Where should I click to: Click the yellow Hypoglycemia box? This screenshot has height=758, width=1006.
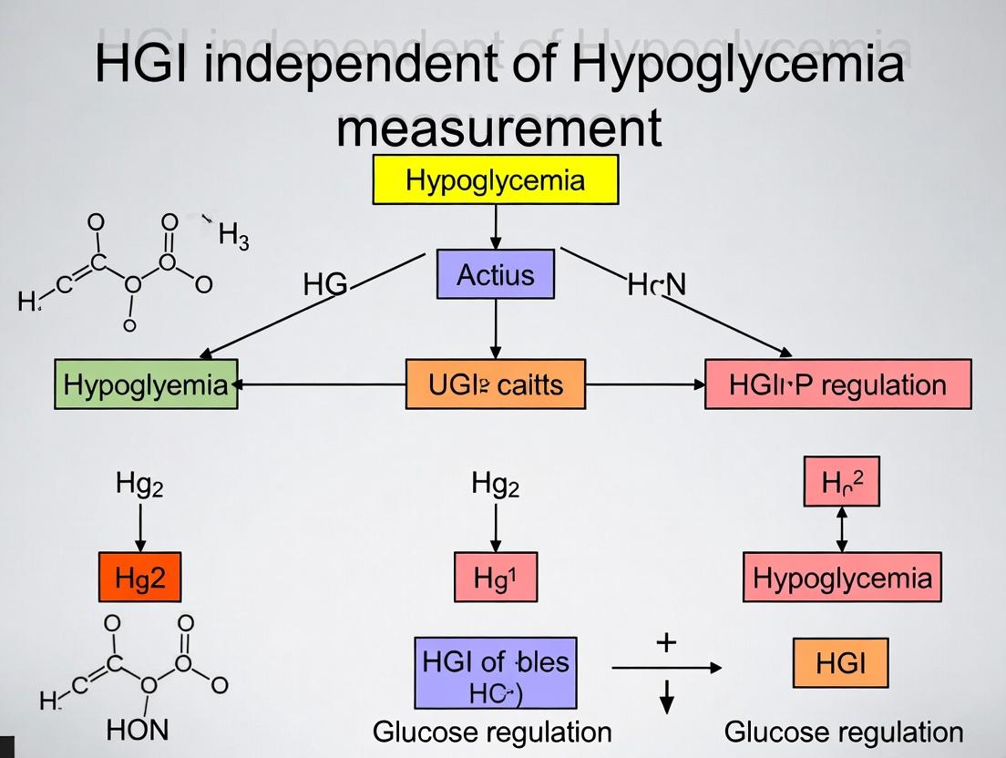[x=496, y=179]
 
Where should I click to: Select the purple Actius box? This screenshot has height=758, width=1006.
[x=496, y=274]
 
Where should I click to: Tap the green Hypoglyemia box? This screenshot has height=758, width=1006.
[x=146, y=384]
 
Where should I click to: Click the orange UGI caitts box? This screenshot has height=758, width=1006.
[x=496, y=384]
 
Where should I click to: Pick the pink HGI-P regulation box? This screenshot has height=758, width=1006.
[x=837, y=384]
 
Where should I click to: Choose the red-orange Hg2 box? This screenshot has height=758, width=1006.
[x=140, y=577]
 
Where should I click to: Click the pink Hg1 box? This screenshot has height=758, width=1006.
[x=496, y=577]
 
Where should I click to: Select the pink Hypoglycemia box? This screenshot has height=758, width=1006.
[x=842, y=578]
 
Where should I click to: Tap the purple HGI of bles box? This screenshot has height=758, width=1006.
[x=496, y=673]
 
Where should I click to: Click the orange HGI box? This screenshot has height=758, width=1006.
[x=840, y=663]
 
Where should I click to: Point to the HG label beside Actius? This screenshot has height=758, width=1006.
[x=325, y=285]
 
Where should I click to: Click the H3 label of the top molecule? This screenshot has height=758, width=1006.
[x=233, y=238]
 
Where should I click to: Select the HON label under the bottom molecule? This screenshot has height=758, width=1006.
[x=138, y=730]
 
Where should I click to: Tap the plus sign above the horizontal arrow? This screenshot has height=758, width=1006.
[x=666, y=642]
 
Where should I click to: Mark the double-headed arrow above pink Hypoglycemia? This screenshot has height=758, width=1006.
[x=841, y=528]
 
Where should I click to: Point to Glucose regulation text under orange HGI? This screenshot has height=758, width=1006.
[x=843, y=732]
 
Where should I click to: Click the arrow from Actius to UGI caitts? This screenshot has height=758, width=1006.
[x=496, y=329]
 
